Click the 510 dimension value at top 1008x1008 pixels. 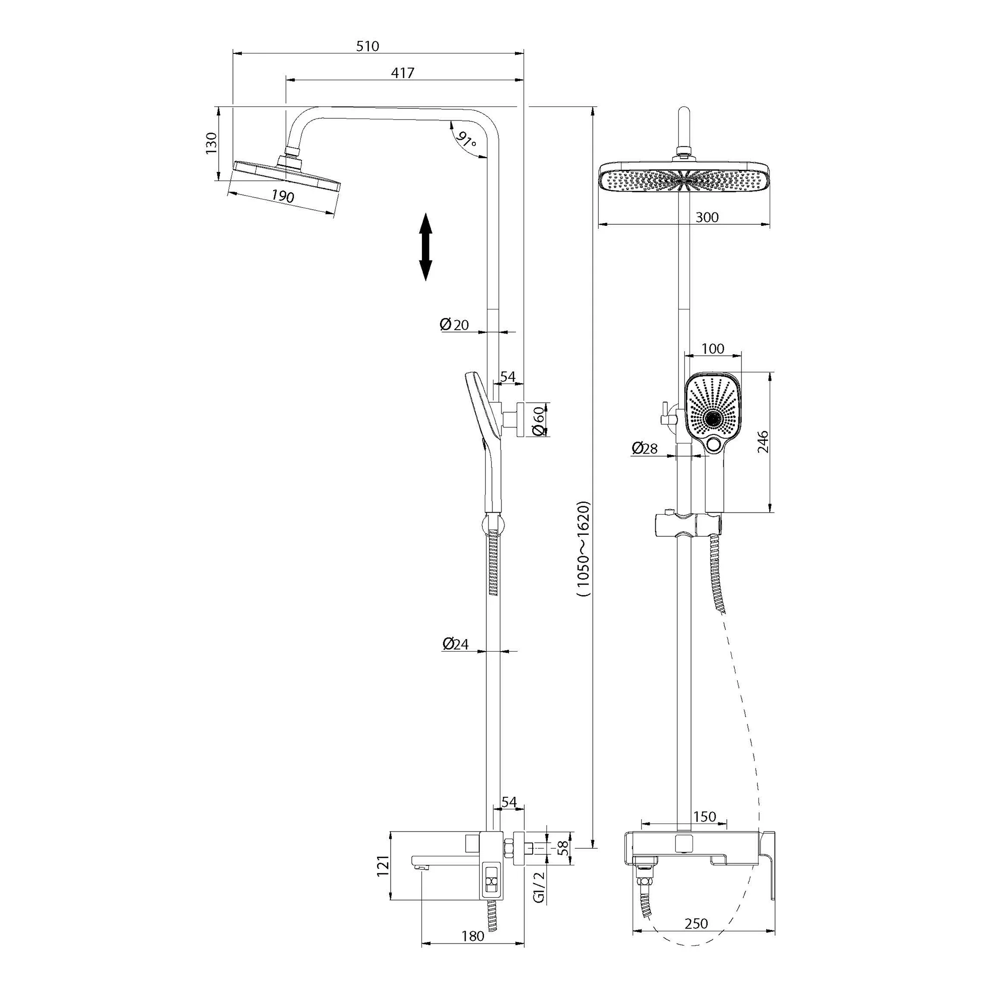coord(367,46)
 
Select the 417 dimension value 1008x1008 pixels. coord(403,73)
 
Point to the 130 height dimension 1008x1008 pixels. coord(211,144)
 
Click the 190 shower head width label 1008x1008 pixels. coord(283,196)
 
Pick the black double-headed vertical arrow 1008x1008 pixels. coord(426,247)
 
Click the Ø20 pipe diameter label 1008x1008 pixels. coord(454,325)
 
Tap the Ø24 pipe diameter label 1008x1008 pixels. coord(456,644)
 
